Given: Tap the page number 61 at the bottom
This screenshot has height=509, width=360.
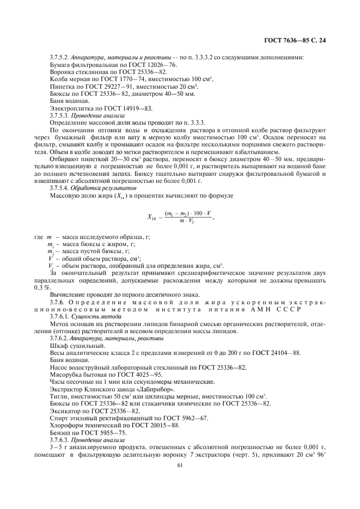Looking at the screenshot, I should click(180, 464).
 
